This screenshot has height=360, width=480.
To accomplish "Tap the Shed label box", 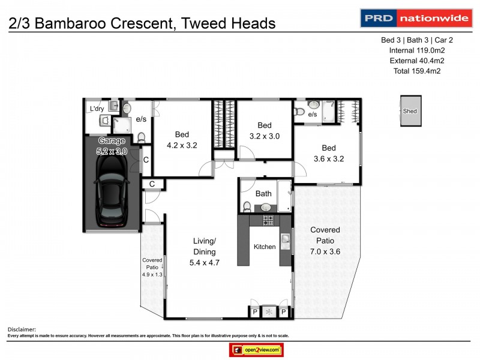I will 410,111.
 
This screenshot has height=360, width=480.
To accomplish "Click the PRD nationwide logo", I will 415,18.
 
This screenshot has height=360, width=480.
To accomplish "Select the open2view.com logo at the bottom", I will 256,350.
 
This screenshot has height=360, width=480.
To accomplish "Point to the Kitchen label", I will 265,247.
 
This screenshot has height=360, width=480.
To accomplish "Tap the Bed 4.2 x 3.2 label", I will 182,139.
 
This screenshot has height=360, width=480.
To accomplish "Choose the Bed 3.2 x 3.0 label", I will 265,131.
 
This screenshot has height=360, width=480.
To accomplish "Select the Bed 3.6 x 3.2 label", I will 329,154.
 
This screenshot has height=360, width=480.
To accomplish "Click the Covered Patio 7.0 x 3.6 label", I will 325,241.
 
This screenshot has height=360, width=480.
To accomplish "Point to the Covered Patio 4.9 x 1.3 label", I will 152,267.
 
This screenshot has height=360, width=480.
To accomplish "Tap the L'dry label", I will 96,109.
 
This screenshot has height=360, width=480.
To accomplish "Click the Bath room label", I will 263,194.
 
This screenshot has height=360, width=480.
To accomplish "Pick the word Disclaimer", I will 22,329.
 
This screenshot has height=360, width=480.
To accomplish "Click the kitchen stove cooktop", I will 268,221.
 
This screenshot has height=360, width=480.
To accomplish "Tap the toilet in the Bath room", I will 247,207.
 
